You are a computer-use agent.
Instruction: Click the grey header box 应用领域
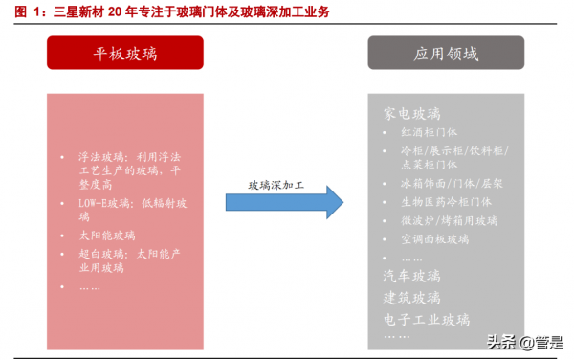pyautogui.click(x=448, y=53)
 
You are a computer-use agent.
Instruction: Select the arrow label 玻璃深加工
pyautogui.click(x=276, y=185)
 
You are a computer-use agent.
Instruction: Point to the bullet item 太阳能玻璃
pyautogui.click(x=107, y=235)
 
